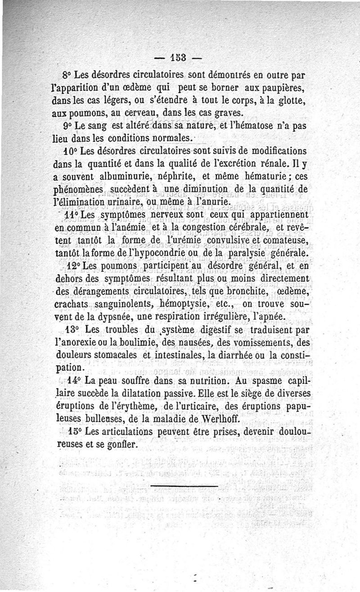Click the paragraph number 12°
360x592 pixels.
(73, 266)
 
